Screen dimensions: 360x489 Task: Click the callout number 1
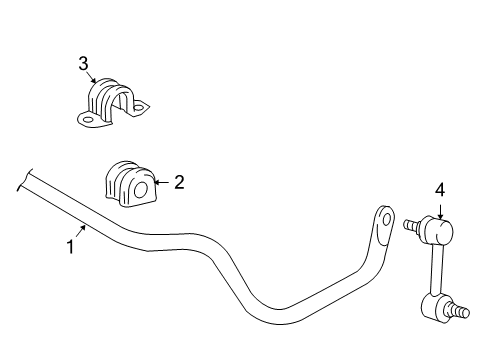tap(70, 246)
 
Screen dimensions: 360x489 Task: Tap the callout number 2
tap(179, 182)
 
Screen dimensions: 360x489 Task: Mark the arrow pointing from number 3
tap(94, 78)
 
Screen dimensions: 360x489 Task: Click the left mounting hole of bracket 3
tap(88, 120)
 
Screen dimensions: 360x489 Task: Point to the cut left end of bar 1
tap(20, 181)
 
